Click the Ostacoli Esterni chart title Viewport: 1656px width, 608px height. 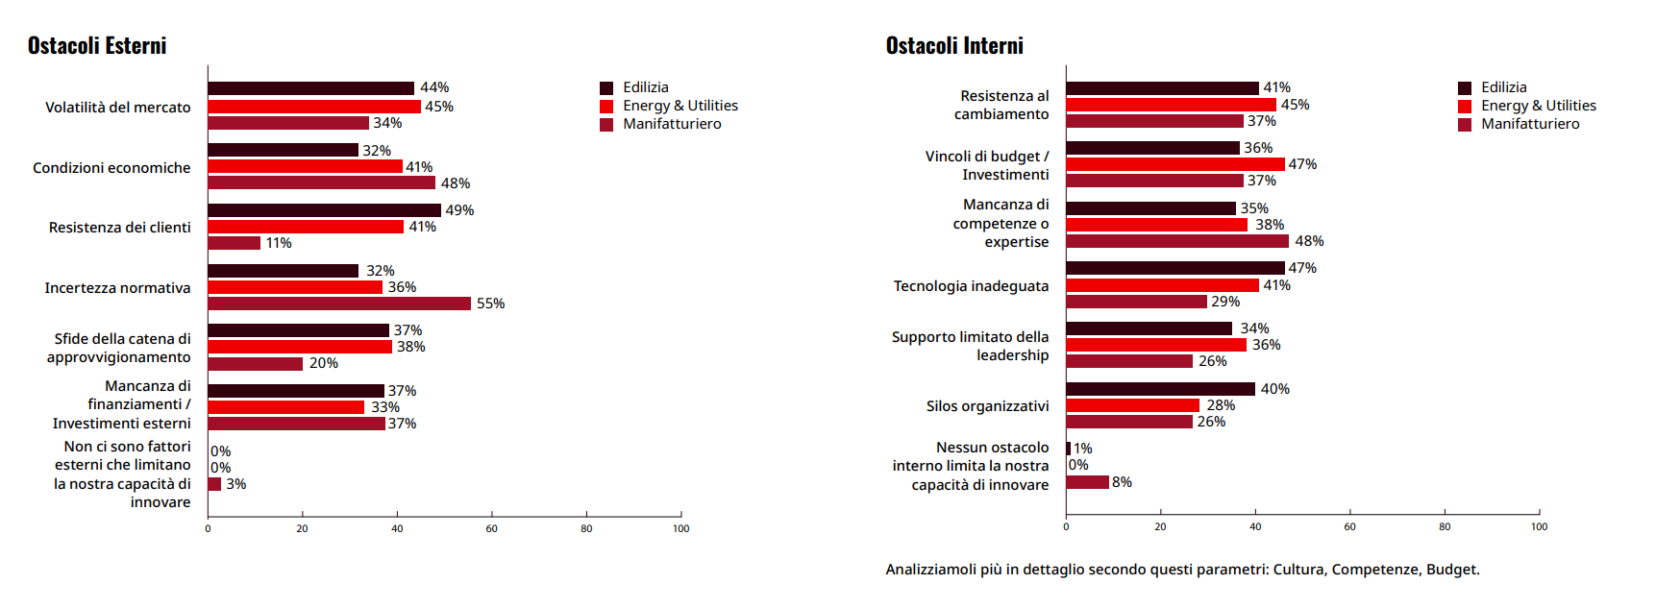(97, 46)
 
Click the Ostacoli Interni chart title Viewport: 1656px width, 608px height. (954, 46)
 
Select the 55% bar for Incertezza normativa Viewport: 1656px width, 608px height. (339, 304)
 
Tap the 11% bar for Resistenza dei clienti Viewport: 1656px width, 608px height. (235, 243)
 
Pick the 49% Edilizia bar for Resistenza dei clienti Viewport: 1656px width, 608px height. (324, 210)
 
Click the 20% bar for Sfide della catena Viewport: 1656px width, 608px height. (256, 363)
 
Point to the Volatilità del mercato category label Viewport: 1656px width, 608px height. (118, 108)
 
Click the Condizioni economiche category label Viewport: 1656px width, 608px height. (111, 168)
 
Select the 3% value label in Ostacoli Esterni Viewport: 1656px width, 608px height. (236, 484)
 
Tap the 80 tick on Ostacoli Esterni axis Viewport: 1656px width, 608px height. (586, 528)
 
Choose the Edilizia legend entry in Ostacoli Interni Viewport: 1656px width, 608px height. (1503, 87)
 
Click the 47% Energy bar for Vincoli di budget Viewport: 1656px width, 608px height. (1175, 164)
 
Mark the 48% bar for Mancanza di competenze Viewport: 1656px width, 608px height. (1177, 241)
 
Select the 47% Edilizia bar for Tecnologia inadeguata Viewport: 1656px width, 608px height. (1175, 268)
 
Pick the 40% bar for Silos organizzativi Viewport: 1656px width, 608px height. (1160, 389)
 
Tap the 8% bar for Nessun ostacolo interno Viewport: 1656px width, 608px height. (1087, 482)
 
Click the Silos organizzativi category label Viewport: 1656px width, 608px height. (987, 406)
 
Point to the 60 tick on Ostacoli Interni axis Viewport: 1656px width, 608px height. (1349, 526)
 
